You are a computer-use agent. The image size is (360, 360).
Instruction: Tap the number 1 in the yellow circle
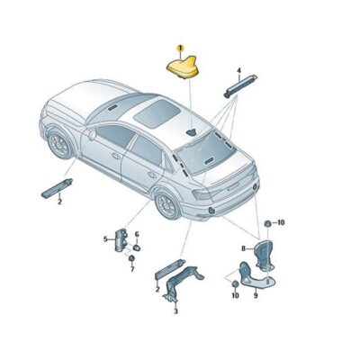click(180, 47)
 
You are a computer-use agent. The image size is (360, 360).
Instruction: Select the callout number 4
click(238, 70)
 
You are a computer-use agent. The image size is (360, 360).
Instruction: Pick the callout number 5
click(104, 239)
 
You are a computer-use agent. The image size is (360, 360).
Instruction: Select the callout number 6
click(137, 234)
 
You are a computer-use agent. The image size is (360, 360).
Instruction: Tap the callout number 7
click(131, 269)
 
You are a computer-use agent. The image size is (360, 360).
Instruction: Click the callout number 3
click(175, 311)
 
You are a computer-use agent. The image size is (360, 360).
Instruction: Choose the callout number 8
click(242, 247)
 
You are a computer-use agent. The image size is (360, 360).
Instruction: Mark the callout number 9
click(255, 294)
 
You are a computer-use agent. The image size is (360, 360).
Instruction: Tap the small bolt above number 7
click(130, 257)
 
